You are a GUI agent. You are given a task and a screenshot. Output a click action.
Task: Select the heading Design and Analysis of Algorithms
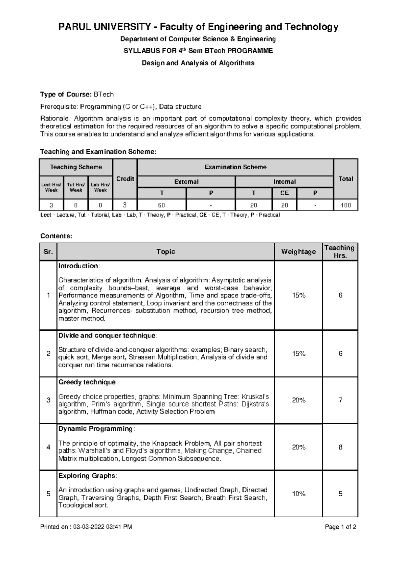(x=198, y=63)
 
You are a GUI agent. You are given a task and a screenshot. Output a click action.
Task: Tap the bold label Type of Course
(x=66, y=94)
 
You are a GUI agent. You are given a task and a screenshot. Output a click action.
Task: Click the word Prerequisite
(x=59, y=107)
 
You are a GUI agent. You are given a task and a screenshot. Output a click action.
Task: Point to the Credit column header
(x=125, y=179)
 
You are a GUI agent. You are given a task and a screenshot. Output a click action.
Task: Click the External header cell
(x=186, y=182)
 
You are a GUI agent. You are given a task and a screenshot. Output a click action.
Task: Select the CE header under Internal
(x=284, y=193)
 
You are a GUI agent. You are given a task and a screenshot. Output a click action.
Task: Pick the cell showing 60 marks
(x=161, y=205)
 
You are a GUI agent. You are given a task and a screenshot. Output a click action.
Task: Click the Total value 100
(x=345, y=205)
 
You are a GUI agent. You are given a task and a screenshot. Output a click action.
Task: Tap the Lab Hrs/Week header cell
(x=100, y=187)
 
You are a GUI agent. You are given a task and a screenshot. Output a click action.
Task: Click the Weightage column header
(x=298, y=252)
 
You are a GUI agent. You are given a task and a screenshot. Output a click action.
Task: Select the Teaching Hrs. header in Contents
(x=340, y=252)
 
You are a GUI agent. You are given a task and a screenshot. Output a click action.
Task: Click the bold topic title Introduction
(x=78, y=266)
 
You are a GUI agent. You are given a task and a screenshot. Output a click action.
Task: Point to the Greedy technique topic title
(x=87, y=382)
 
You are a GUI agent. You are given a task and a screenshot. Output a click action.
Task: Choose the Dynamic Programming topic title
(x=96, y=429)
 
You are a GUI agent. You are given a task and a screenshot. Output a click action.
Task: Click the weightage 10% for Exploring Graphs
(x=298, y=494)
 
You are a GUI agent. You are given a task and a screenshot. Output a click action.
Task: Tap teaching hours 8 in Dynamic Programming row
(x=340, y=447)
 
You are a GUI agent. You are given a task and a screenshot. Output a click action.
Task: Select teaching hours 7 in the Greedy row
(x=340, y=400)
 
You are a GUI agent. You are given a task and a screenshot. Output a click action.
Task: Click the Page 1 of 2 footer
(x=340, y=527)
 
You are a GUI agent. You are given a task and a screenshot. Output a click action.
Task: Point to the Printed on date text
(x=86, y=527)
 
